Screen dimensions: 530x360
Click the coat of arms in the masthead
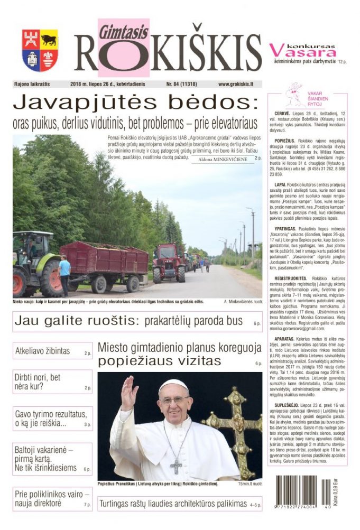(x=40, y=51)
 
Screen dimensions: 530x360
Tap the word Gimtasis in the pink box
(x=115, y=32)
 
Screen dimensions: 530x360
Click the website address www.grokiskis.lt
(x=235, y=84)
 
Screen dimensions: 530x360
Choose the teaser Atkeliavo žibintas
(x=43, y=351)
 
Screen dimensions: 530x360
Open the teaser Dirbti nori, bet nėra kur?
(x=38, y=382)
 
